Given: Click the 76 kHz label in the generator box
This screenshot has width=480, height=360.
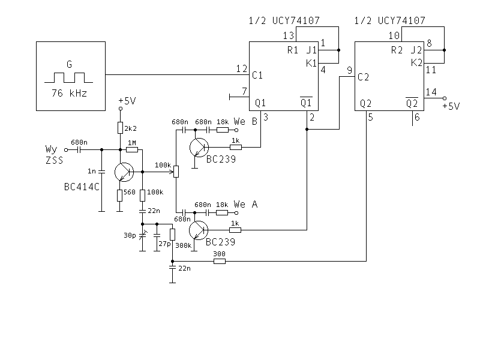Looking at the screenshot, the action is (x=69, y=93).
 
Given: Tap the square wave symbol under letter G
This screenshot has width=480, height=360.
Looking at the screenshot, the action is (x=68, y=78).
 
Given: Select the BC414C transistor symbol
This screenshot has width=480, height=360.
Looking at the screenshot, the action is (x=124, y=172).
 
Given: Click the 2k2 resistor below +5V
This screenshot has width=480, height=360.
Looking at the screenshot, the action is (x=121, y=128).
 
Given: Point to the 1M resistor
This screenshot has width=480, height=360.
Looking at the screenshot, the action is (x=132, y=149).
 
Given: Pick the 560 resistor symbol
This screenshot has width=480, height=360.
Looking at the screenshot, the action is (x=119, y=196).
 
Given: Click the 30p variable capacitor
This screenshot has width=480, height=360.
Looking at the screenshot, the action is (x=142, y=235).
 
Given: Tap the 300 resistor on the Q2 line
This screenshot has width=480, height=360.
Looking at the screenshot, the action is (x=220, y=261).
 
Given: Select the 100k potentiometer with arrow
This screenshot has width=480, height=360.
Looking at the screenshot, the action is (x=176, y=172).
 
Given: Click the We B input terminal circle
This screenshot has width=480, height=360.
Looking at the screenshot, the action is (x=236, y=130).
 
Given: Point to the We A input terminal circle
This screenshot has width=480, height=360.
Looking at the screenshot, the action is (x=236, y=213).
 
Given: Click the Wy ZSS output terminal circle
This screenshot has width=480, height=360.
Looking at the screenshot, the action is (x=66, y=150).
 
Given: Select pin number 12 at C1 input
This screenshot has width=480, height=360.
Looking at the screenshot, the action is (x=242, y=68).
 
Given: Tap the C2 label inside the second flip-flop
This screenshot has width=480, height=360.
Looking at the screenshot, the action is (x=363, y=77).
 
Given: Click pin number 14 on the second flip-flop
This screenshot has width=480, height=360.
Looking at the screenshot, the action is (x=431, y=92).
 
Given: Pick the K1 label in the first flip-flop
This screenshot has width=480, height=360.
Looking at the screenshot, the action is (x=311, y=64).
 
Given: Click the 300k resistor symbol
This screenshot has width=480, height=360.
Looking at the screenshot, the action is (x=172, y=235).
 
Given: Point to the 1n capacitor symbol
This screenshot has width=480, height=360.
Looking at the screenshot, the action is (x=101, y=172).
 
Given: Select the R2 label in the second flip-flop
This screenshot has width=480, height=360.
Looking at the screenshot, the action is (x=397, y=50).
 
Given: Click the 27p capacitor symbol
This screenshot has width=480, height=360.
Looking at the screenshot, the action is (x=157, y=235).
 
